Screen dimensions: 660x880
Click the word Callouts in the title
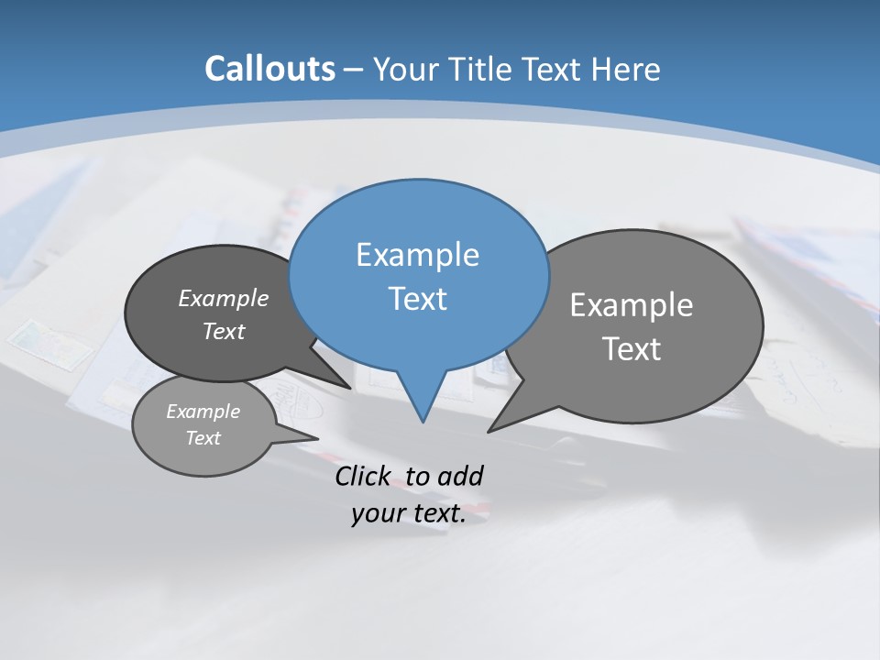coord(269,69)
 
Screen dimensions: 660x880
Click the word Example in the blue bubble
coord(417,254)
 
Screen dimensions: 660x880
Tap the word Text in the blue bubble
coord(417,299)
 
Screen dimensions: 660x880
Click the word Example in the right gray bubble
coord(631,304)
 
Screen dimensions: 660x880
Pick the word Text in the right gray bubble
coord(631,349)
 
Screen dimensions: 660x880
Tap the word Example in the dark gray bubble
coord(223,298)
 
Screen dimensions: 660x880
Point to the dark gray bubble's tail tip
coord(350,388)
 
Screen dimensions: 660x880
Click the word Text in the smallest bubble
coord(203,438)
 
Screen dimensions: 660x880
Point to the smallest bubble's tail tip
coord(317,438)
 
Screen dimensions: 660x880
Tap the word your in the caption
coord(377,513)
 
